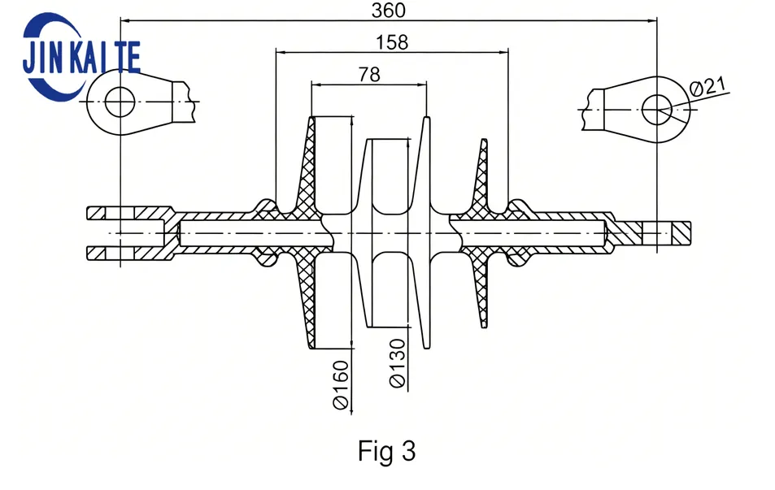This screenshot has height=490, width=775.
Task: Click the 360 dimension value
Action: point(389,11)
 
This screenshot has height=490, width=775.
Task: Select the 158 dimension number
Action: point(392,42)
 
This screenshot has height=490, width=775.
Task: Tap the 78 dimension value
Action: point(369,75)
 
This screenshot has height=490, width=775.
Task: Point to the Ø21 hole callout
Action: point(709,88)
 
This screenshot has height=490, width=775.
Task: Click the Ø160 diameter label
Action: point(341,385)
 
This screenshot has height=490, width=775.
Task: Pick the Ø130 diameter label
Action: point(398,363)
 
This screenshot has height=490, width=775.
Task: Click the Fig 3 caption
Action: point(387,450)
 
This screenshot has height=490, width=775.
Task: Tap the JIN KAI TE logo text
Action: point(81,58)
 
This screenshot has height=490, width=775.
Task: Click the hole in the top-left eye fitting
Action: point(120,102)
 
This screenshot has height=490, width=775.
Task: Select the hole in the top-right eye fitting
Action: point(657,109)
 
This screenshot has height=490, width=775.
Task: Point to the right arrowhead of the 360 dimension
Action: point(651,20)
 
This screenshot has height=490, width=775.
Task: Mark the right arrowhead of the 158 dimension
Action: point(503,51)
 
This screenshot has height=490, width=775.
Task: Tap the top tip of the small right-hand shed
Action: point(485,141)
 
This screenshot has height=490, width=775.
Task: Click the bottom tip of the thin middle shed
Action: point(426,347)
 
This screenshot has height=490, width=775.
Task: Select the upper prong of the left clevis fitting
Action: point(129,213)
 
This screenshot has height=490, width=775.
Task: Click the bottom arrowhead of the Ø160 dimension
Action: point(351,343)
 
